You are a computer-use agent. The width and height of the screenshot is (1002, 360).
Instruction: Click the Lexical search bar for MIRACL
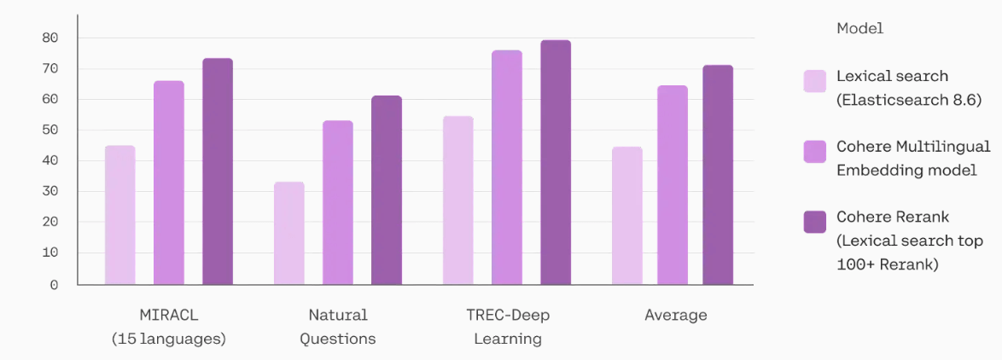pos(119,215)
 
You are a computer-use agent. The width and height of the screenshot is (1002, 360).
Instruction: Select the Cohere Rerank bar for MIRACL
pos(217,171)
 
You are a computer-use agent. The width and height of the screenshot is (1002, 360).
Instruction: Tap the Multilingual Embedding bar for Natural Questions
pos(337,202)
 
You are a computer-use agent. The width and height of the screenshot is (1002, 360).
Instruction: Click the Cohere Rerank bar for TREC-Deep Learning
pos(556,162)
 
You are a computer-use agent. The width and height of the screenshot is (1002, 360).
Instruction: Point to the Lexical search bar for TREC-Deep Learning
pos(458,200)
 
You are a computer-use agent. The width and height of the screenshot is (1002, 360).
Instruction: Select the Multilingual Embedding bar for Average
pos(673,185)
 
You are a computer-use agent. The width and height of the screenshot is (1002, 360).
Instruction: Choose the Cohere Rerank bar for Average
pos(718,175)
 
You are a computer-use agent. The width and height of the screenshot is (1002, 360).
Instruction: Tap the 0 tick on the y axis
pos(54,285)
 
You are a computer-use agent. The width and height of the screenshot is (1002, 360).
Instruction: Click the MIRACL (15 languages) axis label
pos(169,327)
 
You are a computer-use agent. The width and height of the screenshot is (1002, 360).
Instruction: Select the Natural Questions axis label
pos(337,327)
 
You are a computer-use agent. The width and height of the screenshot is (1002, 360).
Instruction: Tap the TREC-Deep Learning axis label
pos(507,327)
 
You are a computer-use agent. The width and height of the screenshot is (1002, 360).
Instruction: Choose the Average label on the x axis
pos(675,316)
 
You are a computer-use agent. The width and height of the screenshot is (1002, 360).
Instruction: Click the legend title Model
pos(859,28)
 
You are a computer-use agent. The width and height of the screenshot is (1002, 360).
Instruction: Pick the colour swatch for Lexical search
pos(814,81)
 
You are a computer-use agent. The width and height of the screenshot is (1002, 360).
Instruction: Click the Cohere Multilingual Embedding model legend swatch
pos(814,151)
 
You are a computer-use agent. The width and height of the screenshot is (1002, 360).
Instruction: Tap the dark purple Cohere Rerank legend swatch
pos(814,222)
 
